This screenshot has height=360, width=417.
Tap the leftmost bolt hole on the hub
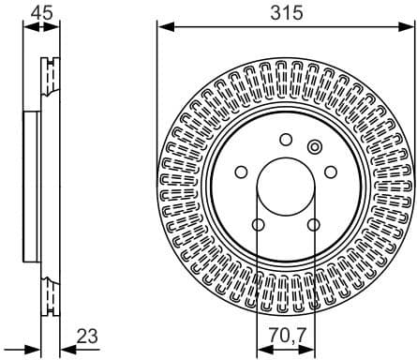point(241,172)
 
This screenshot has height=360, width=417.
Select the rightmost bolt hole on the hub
point(332,172)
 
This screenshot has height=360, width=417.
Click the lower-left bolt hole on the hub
point(258,225)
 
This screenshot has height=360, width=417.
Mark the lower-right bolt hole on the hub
point(315,225)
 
